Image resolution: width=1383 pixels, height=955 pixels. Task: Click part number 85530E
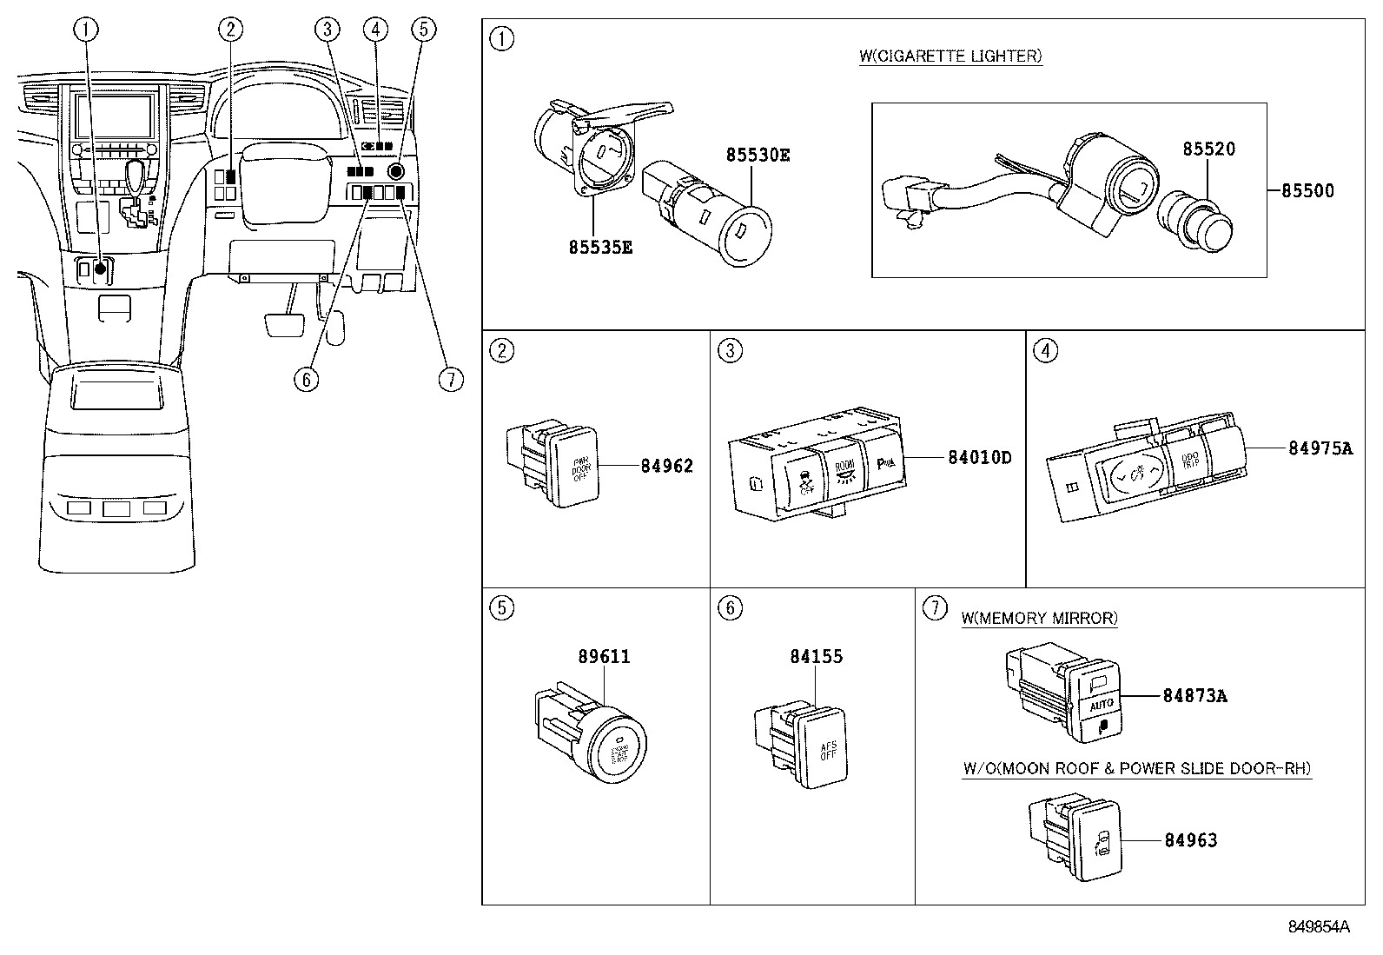(758, 156)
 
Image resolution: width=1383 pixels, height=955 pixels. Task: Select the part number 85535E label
(600, 248)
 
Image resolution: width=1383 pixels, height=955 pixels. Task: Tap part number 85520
(1208, 149)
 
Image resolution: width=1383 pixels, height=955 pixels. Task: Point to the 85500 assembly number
(1307, 191)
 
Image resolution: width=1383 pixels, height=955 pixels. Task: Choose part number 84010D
(979, 457)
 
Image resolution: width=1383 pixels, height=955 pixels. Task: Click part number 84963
(1190, 840)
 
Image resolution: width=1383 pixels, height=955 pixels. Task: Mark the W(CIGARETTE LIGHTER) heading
(950, 56)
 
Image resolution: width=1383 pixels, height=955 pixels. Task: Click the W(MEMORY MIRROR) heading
(1039, 619)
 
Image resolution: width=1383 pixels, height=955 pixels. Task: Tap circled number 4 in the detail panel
(1047, 351)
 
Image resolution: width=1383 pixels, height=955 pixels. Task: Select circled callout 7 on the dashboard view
(451, 379)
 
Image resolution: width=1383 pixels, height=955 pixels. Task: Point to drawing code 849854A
(1318, 927)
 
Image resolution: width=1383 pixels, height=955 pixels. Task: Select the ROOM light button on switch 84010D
(844, 471)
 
